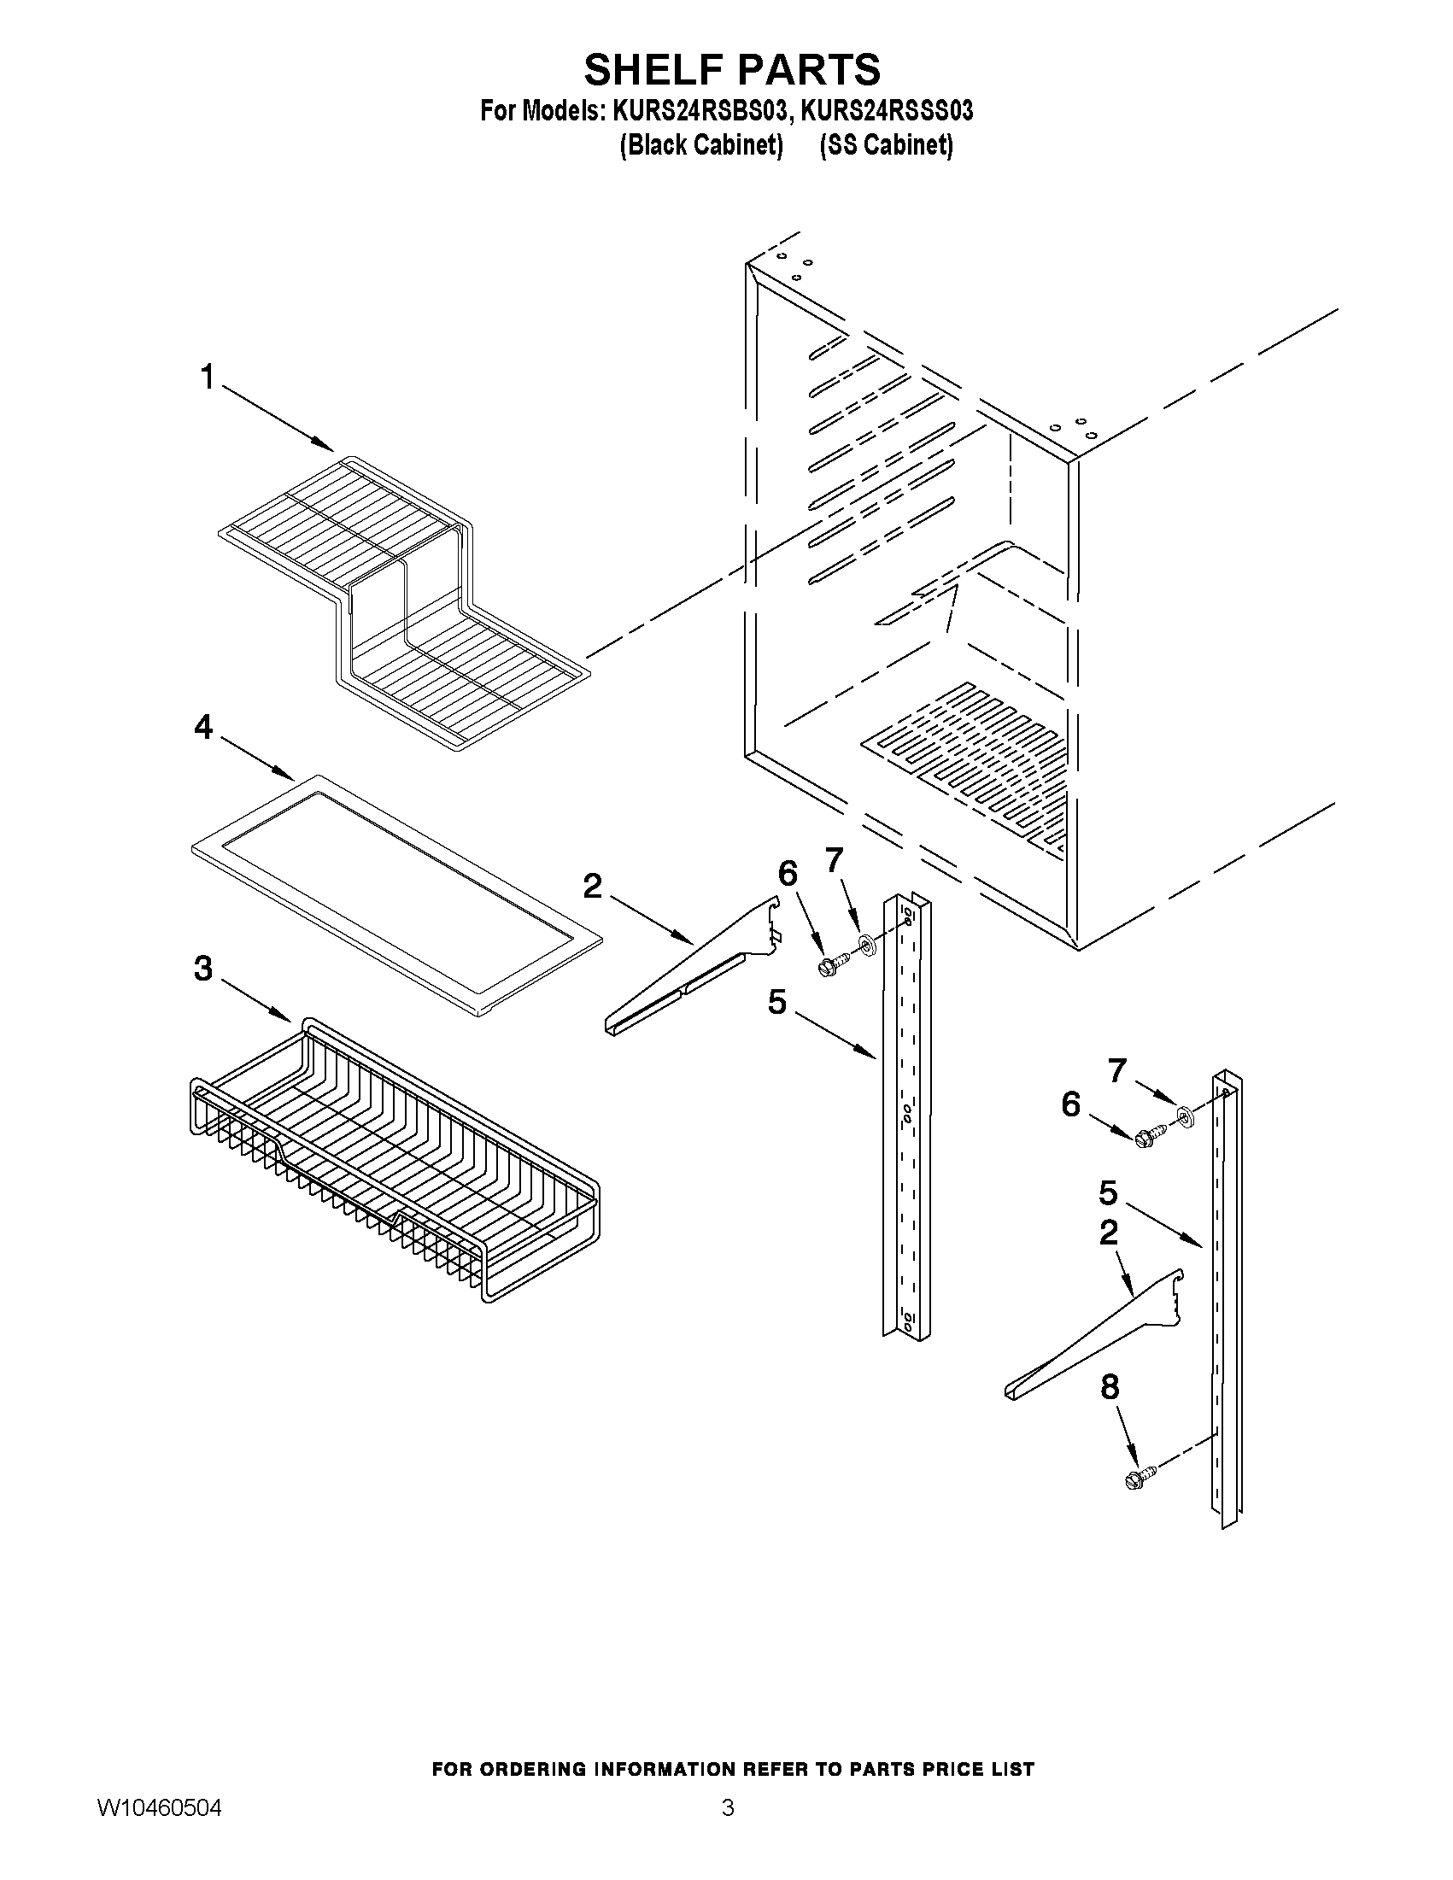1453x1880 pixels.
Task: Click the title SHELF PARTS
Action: tap(732, 70)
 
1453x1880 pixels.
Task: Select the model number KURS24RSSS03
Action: tap(887, 112)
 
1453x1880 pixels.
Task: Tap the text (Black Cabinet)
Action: tap(700, 145)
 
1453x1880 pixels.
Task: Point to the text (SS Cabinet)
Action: tap(887, 145)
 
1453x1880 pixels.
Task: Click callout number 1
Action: tap(207, 377)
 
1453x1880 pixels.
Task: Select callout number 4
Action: tap(203, 729)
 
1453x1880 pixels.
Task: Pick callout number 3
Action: tap(203, 969)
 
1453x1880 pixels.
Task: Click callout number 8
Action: tap(1110, 1387)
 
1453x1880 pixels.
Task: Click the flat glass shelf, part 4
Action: tap(396, 895)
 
